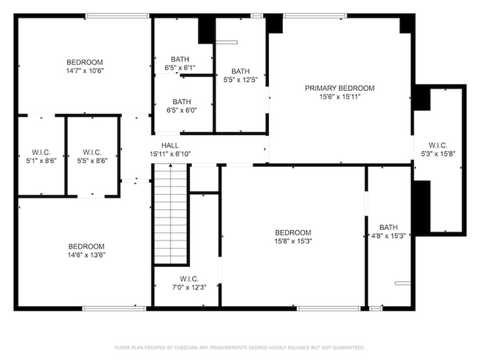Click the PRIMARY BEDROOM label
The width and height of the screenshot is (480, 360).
(340, 88)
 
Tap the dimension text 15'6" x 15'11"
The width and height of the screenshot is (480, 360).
(340, 97)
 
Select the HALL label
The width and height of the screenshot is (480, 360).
(171, 145)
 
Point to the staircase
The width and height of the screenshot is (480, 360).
(171, 214)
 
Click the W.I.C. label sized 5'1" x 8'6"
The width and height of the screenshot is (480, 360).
(41, 152)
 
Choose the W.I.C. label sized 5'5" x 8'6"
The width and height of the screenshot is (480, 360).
(92, 152)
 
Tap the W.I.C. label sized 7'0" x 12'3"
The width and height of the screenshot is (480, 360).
(185, 278)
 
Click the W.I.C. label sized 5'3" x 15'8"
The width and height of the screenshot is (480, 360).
(439, 145)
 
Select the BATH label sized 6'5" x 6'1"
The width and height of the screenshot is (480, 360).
(183, 59)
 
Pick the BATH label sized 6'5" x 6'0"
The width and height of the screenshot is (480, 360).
(183, 102)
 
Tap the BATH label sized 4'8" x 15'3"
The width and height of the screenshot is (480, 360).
(388, 227)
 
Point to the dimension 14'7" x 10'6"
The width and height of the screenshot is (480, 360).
(85, 71)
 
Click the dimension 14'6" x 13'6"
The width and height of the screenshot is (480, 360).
(86, 255)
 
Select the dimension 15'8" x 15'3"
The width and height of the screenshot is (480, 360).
(293, 240)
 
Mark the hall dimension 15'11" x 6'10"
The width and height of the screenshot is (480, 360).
(171, 154)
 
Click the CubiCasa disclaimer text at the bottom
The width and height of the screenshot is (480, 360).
(239, 347)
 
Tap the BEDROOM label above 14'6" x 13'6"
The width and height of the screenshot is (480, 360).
(86, 246)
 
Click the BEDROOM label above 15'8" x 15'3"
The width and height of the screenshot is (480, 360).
(293, 232)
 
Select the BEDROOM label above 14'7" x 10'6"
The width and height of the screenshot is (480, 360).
(85, 62)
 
